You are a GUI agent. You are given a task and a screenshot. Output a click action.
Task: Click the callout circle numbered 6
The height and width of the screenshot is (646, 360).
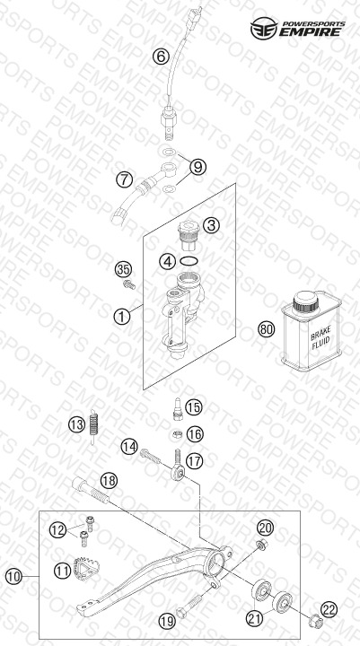pos(161,56)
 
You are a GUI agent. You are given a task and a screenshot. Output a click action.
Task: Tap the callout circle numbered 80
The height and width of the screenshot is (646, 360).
pos(266,329)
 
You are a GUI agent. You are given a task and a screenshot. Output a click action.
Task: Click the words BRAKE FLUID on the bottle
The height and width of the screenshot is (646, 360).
pos(320,342)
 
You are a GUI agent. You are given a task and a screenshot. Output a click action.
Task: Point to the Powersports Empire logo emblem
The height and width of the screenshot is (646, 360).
pos(264,28)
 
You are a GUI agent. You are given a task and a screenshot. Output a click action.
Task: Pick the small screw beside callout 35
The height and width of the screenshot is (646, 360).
pos(129,284)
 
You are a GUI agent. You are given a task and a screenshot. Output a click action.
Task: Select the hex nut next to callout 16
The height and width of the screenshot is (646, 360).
pos(178,433)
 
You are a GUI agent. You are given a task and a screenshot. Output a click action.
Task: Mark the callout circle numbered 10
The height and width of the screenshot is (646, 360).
pos(13,576)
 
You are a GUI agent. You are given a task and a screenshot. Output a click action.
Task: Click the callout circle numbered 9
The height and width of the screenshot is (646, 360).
pos(198,167)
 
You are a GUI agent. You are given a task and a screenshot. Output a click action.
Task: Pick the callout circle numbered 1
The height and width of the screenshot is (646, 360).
pos(122,317)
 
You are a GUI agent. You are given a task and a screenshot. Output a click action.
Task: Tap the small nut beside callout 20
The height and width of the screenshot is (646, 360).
pos(261,545)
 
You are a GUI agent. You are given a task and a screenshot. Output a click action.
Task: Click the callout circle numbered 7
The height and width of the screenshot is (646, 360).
pos(124,179)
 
